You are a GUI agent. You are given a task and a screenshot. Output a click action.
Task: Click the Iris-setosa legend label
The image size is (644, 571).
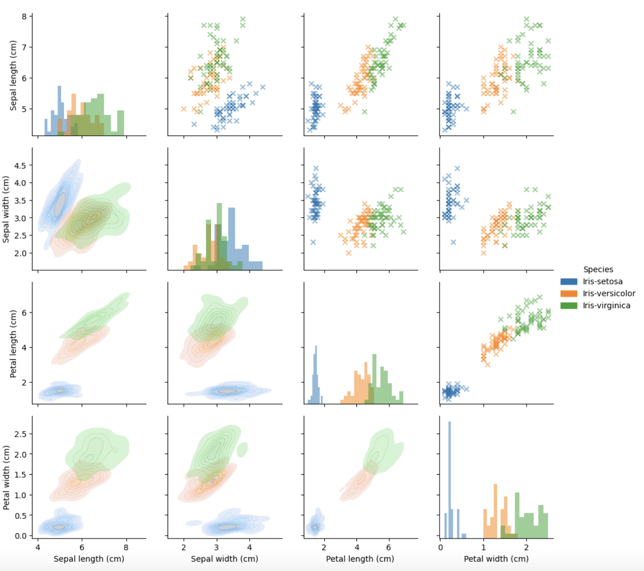point(603,282)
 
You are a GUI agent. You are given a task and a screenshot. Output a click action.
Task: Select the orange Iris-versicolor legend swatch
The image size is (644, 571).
point(569,293)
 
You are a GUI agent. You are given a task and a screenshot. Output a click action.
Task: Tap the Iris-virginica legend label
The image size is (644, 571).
point(606,305)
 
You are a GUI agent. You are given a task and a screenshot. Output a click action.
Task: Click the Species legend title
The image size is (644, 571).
point(598,269)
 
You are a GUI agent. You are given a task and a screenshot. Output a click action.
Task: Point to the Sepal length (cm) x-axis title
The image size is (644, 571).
point(89,559)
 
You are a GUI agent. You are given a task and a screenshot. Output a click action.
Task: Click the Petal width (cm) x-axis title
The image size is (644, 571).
point(496,559)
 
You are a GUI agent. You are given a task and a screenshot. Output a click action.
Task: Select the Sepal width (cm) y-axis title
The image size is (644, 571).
point(6,209)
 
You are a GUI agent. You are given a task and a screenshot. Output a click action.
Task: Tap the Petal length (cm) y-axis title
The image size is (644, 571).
point(13,343)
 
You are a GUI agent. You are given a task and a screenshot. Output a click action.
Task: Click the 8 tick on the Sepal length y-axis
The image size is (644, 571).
point(23,16)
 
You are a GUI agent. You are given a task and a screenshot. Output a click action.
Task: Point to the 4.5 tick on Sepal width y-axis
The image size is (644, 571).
point(21,165)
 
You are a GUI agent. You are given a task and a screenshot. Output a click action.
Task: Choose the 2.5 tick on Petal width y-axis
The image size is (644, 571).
point(21,434)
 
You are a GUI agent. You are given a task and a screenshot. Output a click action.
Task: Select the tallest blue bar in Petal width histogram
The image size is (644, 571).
point(449,479)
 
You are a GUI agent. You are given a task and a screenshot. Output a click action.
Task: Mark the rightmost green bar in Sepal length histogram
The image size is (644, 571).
point(120,123)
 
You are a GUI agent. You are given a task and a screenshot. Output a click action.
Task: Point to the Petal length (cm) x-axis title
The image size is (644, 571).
point(360,559)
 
